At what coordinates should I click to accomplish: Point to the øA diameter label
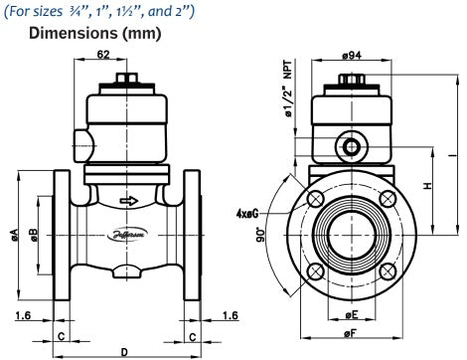[15, 235]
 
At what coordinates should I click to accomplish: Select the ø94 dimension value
[351, 57]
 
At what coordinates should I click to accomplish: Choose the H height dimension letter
[426, 186]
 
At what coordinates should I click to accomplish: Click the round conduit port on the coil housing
[351, 147]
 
